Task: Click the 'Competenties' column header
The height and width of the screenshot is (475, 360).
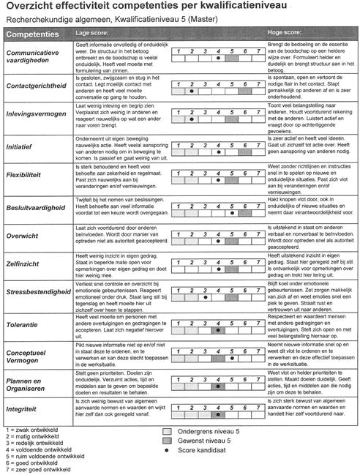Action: point(33,34)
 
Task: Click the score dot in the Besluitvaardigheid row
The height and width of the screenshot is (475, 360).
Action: point(233,214)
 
